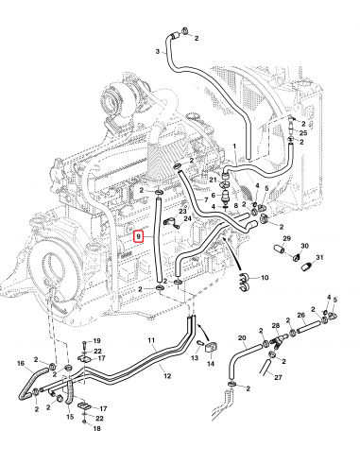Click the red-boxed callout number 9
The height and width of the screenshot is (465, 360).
pyautogui.click(x=139, y=236)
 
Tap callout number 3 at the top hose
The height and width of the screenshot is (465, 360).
pyautogui.click(x=155, y=51)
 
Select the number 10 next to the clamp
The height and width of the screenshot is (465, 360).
pyautogui.click(x=264, y=278)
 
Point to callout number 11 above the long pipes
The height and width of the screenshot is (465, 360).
pyautogui.click(x=151, y=339)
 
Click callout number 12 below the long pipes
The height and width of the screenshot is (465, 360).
pyautogui.click(x=167, y=376)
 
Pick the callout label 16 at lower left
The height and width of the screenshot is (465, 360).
pyautogui.click(x=22, y=363)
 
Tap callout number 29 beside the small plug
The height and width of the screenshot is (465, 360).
pyautogui.click(x=286, y=239)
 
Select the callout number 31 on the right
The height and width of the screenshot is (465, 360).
pyautogui.click(x=320, y=258)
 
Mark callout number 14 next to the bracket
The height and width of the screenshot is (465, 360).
pyautogui.click(x=212, y=362)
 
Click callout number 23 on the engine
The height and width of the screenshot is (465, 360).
pyautogui.click(x=182, y=212)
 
